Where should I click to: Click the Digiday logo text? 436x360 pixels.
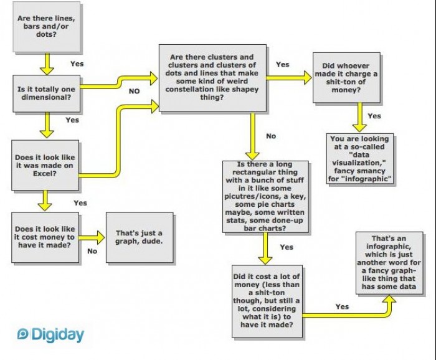point(56,334)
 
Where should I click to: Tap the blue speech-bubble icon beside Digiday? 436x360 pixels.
point(23,334)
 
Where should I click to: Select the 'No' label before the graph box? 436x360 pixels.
point(92,252)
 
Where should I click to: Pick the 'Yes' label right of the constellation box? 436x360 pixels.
point(282,65)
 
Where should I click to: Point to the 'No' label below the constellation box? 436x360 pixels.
point(270,135)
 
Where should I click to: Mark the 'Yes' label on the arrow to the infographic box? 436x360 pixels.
point(342,306)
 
